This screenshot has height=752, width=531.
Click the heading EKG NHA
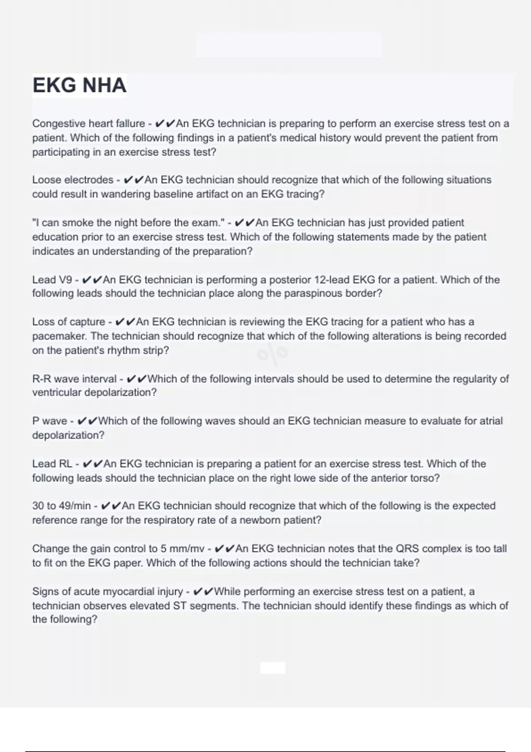coord(80,85)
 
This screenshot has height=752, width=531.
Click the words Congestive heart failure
coord(88,123)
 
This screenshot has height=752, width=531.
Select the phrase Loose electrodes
coord(73,180)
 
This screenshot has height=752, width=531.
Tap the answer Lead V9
coord(52,280)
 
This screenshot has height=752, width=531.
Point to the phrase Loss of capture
coord(69,322)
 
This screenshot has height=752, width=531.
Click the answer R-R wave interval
coord(74,379)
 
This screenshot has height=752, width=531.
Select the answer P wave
coord(50,421)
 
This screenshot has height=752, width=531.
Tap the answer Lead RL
coord(52,464)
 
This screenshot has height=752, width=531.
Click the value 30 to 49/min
coord(62,506)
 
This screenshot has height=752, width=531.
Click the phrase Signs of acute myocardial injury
coord(108,592)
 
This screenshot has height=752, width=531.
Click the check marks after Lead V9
coord(92,280)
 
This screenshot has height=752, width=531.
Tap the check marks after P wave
coord(87,421)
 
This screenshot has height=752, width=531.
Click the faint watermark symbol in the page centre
coord(273,354)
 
